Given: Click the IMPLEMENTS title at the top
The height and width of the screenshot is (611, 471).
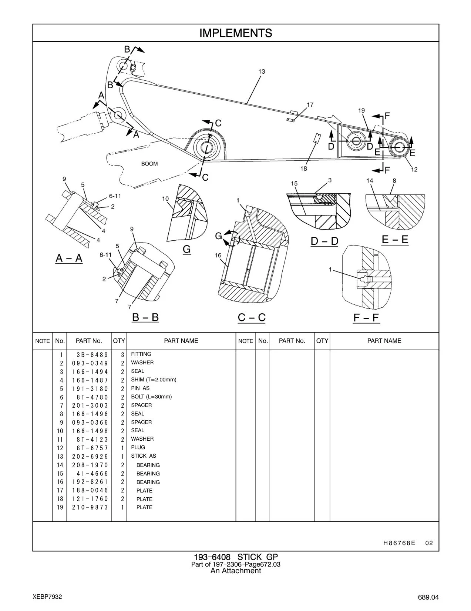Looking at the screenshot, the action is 236,33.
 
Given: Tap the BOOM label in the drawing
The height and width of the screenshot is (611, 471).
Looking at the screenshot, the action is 149,164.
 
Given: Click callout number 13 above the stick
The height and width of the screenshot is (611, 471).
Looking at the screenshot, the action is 262,71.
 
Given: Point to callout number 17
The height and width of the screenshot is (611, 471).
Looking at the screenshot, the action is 310,105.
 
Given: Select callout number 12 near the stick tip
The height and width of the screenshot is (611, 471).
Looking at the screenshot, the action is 414,170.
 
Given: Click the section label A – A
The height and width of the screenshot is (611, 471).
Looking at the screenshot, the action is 69,258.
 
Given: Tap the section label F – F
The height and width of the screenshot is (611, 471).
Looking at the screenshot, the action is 366,318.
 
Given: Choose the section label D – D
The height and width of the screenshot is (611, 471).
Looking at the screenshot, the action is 324,241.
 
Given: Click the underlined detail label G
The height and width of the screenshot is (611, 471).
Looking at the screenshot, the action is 187,249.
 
